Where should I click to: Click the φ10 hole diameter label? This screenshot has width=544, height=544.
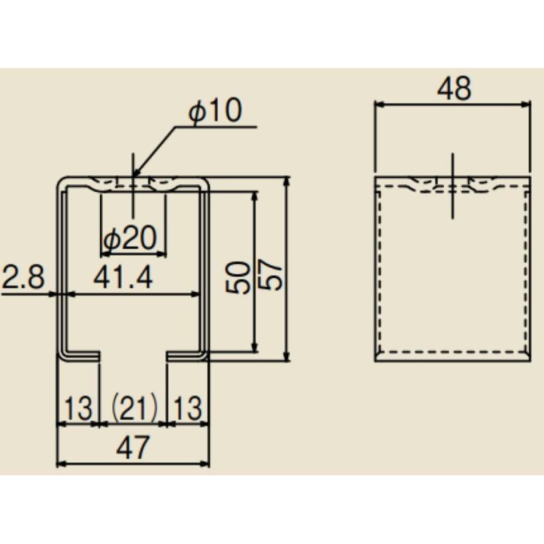[215, 111]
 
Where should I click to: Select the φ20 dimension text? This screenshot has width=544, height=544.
[131, 238]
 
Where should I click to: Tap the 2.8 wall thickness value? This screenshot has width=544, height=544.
[23, 277]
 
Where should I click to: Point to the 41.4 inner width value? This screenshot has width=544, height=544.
[123, 278]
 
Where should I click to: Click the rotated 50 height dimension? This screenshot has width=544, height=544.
[237, 277]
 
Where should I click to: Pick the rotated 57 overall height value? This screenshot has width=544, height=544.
[271, 276]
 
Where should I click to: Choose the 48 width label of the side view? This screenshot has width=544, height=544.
[454, 88]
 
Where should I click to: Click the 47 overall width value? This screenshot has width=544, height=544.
[133, 447]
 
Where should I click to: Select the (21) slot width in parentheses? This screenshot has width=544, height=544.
[133, 408]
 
